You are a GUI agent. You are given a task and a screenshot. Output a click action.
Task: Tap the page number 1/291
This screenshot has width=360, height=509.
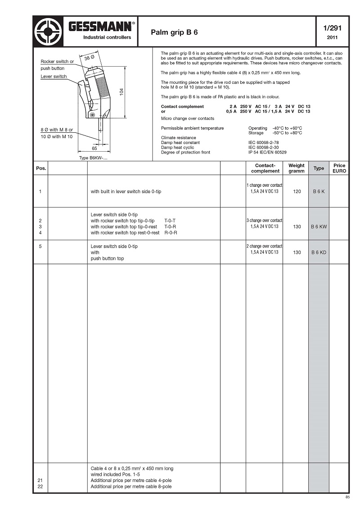point(332,28)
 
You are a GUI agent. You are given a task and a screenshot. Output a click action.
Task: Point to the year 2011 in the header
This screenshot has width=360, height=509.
point(332,37)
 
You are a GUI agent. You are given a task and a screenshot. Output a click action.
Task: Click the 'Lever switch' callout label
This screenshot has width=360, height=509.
point(54,77)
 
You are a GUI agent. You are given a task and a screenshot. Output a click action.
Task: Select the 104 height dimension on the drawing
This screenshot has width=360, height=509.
point(121,91)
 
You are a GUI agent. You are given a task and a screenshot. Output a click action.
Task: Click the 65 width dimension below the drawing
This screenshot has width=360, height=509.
point(94,148)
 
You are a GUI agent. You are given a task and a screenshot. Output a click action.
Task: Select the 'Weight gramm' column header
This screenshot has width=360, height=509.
point(296,168)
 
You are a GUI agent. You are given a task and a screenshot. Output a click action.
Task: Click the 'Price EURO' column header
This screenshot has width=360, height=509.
point(339,168)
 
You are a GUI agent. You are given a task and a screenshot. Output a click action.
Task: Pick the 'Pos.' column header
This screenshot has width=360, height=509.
point(40,168)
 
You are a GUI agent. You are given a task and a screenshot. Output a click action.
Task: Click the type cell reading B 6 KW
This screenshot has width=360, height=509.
point(319,227)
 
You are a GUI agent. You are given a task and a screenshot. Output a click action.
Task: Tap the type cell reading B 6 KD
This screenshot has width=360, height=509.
point(319,252)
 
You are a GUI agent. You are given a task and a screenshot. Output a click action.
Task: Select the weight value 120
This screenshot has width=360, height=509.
point(297,192)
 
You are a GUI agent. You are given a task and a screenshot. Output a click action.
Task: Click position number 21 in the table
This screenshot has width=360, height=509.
point(40,480)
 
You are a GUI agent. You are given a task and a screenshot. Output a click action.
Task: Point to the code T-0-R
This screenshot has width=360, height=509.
point(170,227)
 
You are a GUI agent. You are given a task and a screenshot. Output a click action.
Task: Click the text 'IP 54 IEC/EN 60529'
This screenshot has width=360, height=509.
point(268,153)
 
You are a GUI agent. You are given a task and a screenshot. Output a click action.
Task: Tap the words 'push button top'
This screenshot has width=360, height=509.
point(107,259)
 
